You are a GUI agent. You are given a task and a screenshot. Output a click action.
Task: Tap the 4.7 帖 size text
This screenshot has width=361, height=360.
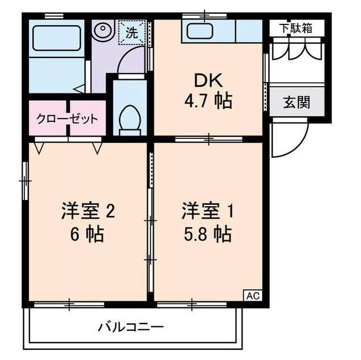click(207, 102)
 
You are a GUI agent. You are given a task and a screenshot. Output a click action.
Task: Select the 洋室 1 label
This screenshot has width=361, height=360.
click(208, 211)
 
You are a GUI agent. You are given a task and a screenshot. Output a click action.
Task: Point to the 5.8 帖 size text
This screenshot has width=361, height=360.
click(207, 234)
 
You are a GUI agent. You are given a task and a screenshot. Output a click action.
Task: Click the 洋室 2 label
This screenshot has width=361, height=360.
click(88, 211)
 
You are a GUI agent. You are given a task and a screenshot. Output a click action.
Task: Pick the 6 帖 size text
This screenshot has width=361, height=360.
click(88, 234)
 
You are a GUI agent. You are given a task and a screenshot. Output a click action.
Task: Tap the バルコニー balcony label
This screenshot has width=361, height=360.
click(131, 328)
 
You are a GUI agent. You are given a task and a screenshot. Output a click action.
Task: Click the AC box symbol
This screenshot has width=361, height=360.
click(253, 295)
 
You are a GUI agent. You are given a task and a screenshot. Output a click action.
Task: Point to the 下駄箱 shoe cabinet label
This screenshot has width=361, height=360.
click(296, 28)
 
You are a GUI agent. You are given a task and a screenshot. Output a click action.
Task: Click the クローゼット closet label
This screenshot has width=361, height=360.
click(67, 119)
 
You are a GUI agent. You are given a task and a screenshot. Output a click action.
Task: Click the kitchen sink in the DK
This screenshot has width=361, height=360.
click(199, 31)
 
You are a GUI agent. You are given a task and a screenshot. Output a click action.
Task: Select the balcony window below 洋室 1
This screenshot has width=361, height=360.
click(193, 305)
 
